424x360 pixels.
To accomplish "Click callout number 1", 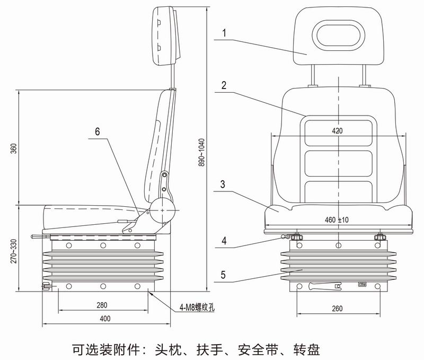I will [224, 32].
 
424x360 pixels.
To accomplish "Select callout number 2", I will [224, 84].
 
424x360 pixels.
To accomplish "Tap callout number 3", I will [224, 185].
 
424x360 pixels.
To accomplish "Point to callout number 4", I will [224, 240].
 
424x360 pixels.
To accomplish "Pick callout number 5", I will [224, 275].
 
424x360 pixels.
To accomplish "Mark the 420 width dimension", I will [338, 130].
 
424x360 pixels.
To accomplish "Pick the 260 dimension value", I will [338, 309].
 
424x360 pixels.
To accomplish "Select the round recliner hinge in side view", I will [161, 210].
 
